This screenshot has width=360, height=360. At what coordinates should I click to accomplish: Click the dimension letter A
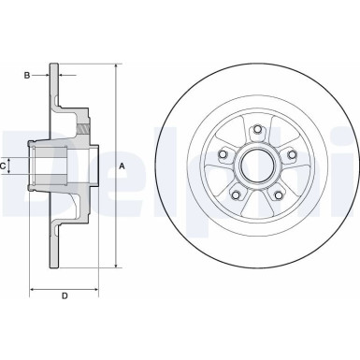(x=122, y=166)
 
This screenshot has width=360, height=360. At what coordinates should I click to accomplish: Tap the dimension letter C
(x=5, y=166)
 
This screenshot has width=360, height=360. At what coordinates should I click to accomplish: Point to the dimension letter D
(x=64, y=296)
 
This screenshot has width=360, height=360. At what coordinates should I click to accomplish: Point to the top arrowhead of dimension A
(x=117, y=67)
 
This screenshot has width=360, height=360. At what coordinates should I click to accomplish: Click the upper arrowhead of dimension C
(x=13, y=158)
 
